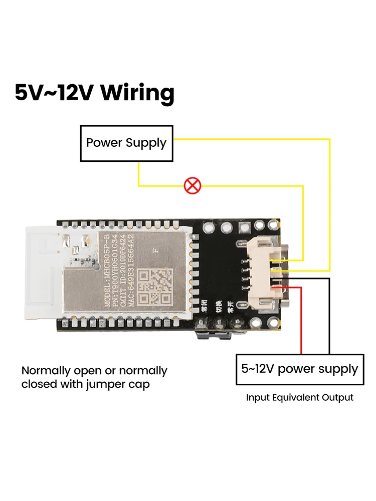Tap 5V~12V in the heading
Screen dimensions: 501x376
(x=55, y=93)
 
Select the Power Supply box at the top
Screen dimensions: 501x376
(x=126, y=143)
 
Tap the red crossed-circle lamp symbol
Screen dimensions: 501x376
(x=192, y=186)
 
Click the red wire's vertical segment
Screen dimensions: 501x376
(x=301, y=321)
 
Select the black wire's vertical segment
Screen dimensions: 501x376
(x=329, y=316)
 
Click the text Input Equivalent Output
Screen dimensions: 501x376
(x=299, y=398)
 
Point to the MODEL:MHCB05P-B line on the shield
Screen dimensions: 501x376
(x=108, y=271)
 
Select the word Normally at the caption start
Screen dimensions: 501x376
(x=46, y=371)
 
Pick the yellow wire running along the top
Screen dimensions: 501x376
(x=251, y=139)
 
